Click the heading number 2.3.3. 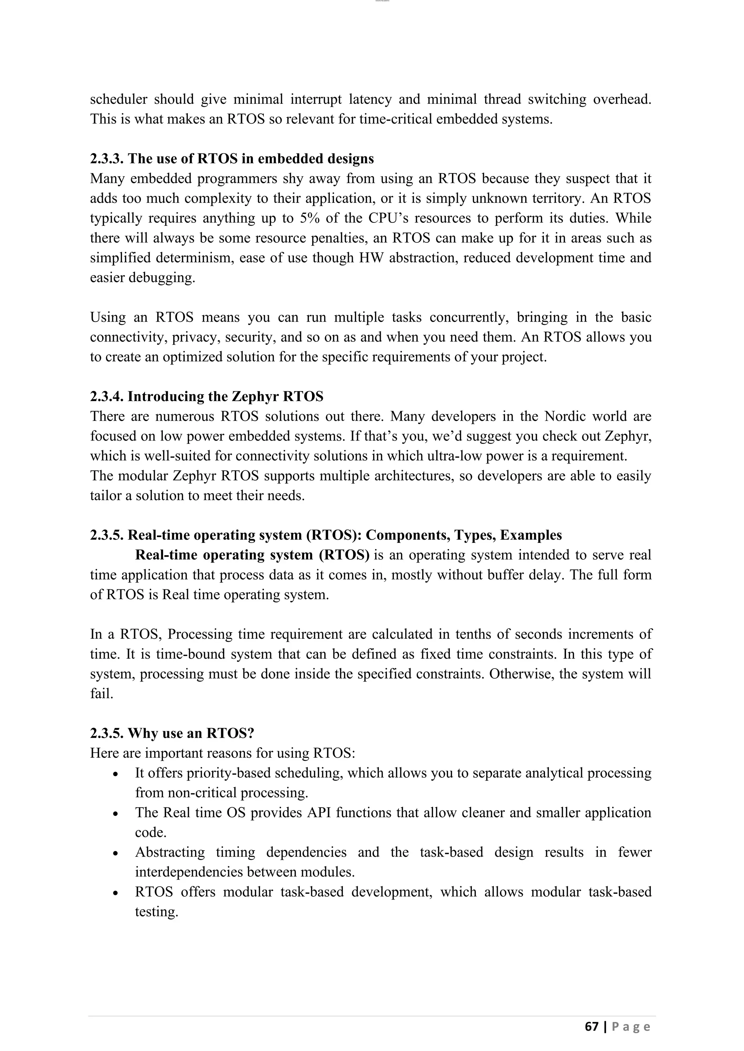coord(107,159)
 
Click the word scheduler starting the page coord(118,99)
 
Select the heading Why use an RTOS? coord(191,733)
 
